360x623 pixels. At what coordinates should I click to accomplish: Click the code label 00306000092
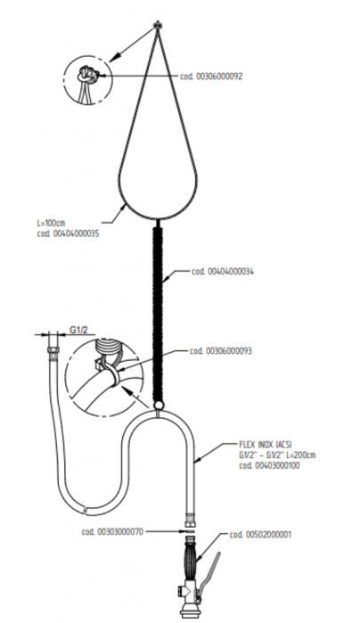pos(211,76)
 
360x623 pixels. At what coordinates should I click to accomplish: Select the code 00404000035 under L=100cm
pos(68,234)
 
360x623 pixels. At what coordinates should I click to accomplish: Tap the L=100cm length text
pos(50,224)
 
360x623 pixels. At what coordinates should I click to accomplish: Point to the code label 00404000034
pos(223,272)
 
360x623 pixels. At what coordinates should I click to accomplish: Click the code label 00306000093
pos(220,351)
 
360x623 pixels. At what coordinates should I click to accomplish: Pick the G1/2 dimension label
pos(78,330)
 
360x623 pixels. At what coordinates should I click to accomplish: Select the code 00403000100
pos(269,465)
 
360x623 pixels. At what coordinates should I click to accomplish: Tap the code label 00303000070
pos(112,531)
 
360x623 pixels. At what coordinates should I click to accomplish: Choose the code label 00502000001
pos(260,535)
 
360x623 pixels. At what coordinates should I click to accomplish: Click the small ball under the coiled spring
pos(158,406)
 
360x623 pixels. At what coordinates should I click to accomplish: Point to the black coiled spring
pos(159,313)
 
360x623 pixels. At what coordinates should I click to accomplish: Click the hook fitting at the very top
pos(158,26)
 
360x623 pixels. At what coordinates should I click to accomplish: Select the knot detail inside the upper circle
pos(88,75)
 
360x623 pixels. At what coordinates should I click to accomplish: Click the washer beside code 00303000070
pos(190,531)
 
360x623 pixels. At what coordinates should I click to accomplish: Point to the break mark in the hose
pos(86,510)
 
